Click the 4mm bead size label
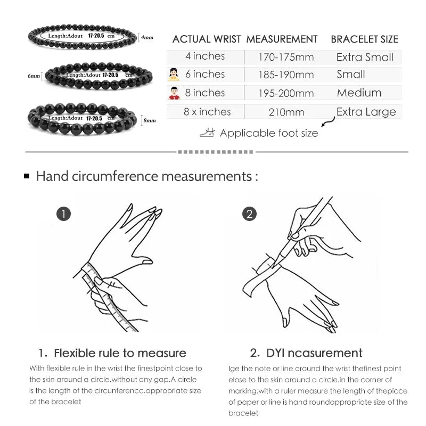click(x=147, y=37)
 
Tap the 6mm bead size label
click(x=34, y=76)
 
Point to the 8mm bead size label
click(x=150, y=121)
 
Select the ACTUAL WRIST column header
click(x=207, y=39)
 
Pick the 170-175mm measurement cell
click(x=286, y=57)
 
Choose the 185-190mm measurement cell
click(x=286, y=75)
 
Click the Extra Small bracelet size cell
click(x=365, y=57)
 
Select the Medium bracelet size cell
click(x=359, y=93)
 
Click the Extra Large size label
click(x=366, y=112)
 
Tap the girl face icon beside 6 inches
click(x=174, y=75)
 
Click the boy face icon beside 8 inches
click(x=174, y=93)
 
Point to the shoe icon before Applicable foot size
click(x=207, y=133)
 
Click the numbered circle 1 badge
click(x=63, y=214)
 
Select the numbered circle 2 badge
click(x=249, y=214)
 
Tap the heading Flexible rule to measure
click(x=112, y=353)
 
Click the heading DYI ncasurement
click(x=306, y=353)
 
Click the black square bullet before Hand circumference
click(x=27, y=176)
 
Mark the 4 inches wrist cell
click(x=205, y=56)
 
